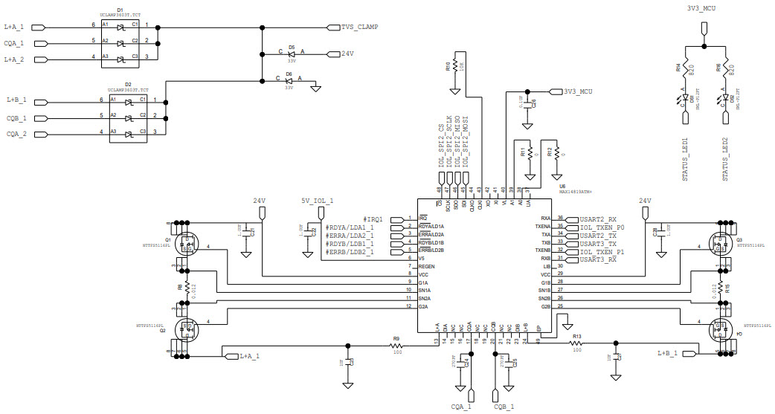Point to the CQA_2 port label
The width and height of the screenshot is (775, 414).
coord(17,134)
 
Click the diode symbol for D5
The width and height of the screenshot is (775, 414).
coord(292,54)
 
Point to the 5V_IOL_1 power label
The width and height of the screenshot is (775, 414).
coord(316,201)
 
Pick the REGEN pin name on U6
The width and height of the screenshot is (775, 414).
coord(427,266)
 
